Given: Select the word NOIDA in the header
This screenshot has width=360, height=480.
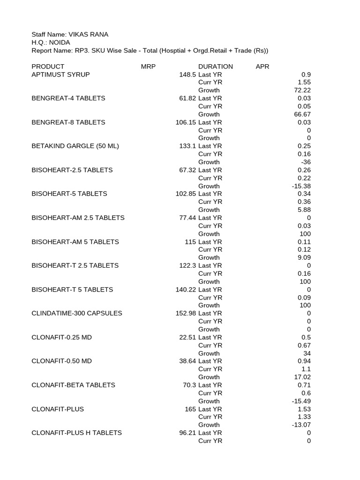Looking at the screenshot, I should tap(60, 43).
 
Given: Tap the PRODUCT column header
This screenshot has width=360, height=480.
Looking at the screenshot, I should tap(48, 67).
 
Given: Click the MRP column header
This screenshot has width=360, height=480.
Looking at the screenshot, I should tap(148, 67).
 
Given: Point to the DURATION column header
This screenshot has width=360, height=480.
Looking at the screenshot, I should tap(216, 67).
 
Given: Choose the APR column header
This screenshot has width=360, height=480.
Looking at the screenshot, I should tap(262, 67).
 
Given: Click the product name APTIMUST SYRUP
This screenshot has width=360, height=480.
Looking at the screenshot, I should tap(60, 75).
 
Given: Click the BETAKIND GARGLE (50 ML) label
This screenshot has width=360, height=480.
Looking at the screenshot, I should tap(75, 146).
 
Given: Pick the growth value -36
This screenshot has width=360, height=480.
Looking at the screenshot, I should tap(305, 162).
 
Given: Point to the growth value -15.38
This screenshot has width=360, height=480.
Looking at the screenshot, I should tap(301, 186).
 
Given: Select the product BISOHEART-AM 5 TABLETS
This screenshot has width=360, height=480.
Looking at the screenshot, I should tap(75, 242).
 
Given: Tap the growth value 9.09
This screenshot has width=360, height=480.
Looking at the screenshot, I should tap(304, 258).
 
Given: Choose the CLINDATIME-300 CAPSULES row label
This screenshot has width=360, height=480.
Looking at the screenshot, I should tap(77, 313).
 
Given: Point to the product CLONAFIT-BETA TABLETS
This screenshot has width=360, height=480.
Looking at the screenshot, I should tap(73, 385).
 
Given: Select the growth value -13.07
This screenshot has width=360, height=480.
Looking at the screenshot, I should tap(301, 425).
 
